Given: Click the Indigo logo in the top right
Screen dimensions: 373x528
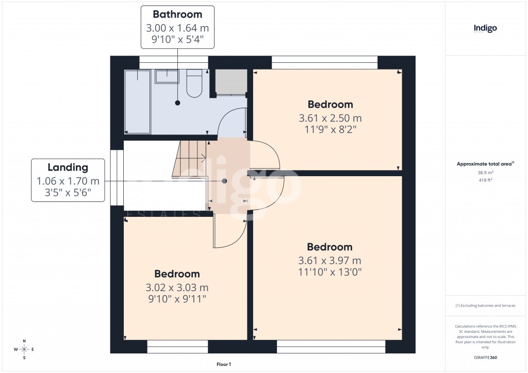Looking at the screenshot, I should click(485, 28).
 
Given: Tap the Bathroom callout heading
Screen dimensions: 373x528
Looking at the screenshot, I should click(177, 14).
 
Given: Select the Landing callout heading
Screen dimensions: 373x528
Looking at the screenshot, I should click(68, 167).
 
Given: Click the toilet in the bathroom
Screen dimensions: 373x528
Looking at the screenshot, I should click(194, 84).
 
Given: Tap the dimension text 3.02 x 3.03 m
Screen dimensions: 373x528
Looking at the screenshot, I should click(177, 287).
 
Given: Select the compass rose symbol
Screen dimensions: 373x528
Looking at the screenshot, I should click(24, 349).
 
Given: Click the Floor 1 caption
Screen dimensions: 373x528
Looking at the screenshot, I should click(224, 364).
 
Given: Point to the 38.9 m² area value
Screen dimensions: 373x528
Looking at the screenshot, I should click(485, 173).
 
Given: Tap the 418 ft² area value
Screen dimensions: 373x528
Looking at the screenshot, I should click(485, 180).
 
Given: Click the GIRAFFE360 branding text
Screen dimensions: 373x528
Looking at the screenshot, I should click(485, 358).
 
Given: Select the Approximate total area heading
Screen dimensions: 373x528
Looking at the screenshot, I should click(485, 164).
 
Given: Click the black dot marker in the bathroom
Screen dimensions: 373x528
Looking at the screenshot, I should click(177, 103).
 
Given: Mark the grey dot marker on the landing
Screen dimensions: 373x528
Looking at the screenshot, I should click(224, 181).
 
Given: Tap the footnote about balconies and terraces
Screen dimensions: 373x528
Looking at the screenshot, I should click(485, 306).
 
